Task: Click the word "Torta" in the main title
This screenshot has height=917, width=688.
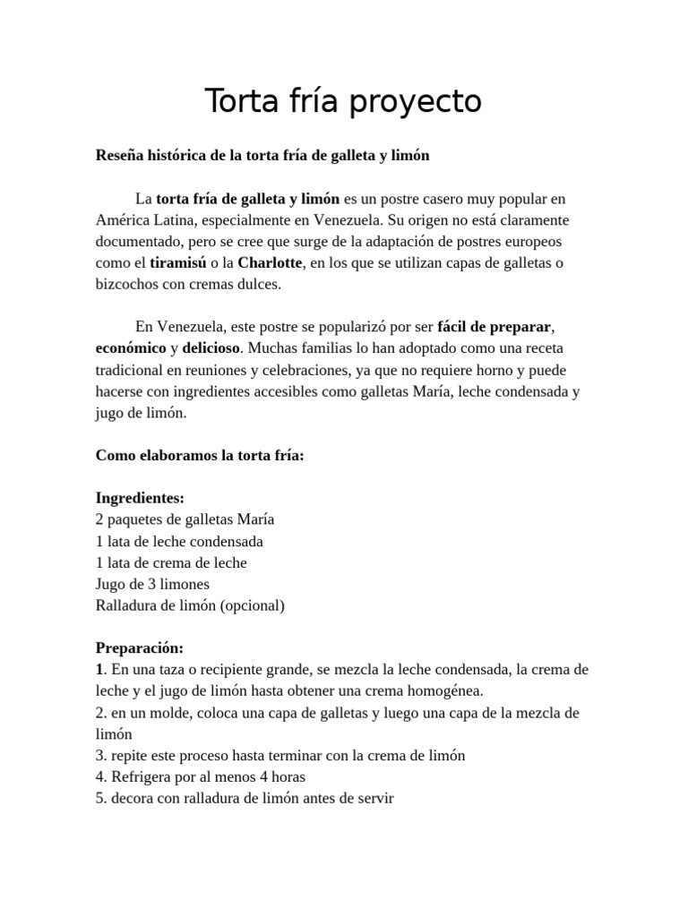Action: coord(236,101)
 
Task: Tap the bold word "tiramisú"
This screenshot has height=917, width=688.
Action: coord(177,262)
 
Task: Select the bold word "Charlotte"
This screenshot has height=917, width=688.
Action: coord(271,262)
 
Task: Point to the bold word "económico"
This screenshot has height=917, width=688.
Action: coord(131,348)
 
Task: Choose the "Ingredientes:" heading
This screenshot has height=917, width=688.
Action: coord(140,498)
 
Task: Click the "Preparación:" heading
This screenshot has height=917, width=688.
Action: coord(139,647)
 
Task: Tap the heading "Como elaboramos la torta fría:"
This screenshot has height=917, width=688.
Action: coord(200,455)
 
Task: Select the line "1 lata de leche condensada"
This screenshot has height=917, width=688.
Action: coord(179,541)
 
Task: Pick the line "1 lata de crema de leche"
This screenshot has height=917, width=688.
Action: coord(171,562)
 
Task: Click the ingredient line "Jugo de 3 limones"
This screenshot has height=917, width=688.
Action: coord(152,584)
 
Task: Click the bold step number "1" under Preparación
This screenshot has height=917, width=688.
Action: coord(99,669)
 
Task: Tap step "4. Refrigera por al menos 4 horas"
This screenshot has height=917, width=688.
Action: coord(206,776)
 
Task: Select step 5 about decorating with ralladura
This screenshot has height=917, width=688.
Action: coord(245,798)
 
